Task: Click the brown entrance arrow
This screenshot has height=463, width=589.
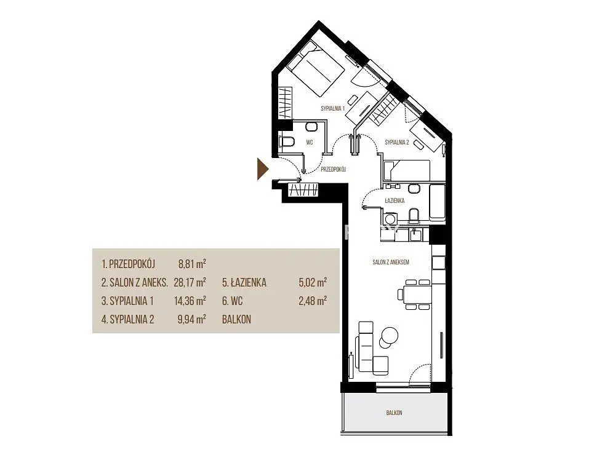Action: (262, 169)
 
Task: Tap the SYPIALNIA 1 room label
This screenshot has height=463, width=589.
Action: (332, 108)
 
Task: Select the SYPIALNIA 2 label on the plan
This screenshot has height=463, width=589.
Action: (397, 142)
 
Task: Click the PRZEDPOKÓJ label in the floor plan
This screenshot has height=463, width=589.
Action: (333, 169)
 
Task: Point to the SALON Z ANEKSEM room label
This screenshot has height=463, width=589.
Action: (391, 263)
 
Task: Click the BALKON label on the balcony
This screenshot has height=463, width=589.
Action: (394, 413)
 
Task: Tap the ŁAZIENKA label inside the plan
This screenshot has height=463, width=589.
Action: (395, 200)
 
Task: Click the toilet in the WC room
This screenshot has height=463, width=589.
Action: (287, 142)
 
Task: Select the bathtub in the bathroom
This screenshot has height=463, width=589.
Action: (437, 202)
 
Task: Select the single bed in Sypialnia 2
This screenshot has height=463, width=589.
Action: (406, 170)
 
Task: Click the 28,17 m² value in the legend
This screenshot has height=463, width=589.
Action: (190, 282)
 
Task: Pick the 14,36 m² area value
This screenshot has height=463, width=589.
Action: (190, 301)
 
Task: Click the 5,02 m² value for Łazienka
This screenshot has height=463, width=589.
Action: (313, 282)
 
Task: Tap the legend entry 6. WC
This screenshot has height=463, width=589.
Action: (232, 301)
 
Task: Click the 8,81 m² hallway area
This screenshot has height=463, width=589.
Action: (192, 264)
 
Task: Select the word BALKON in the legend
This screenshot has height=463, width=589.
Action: (236, 319)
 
